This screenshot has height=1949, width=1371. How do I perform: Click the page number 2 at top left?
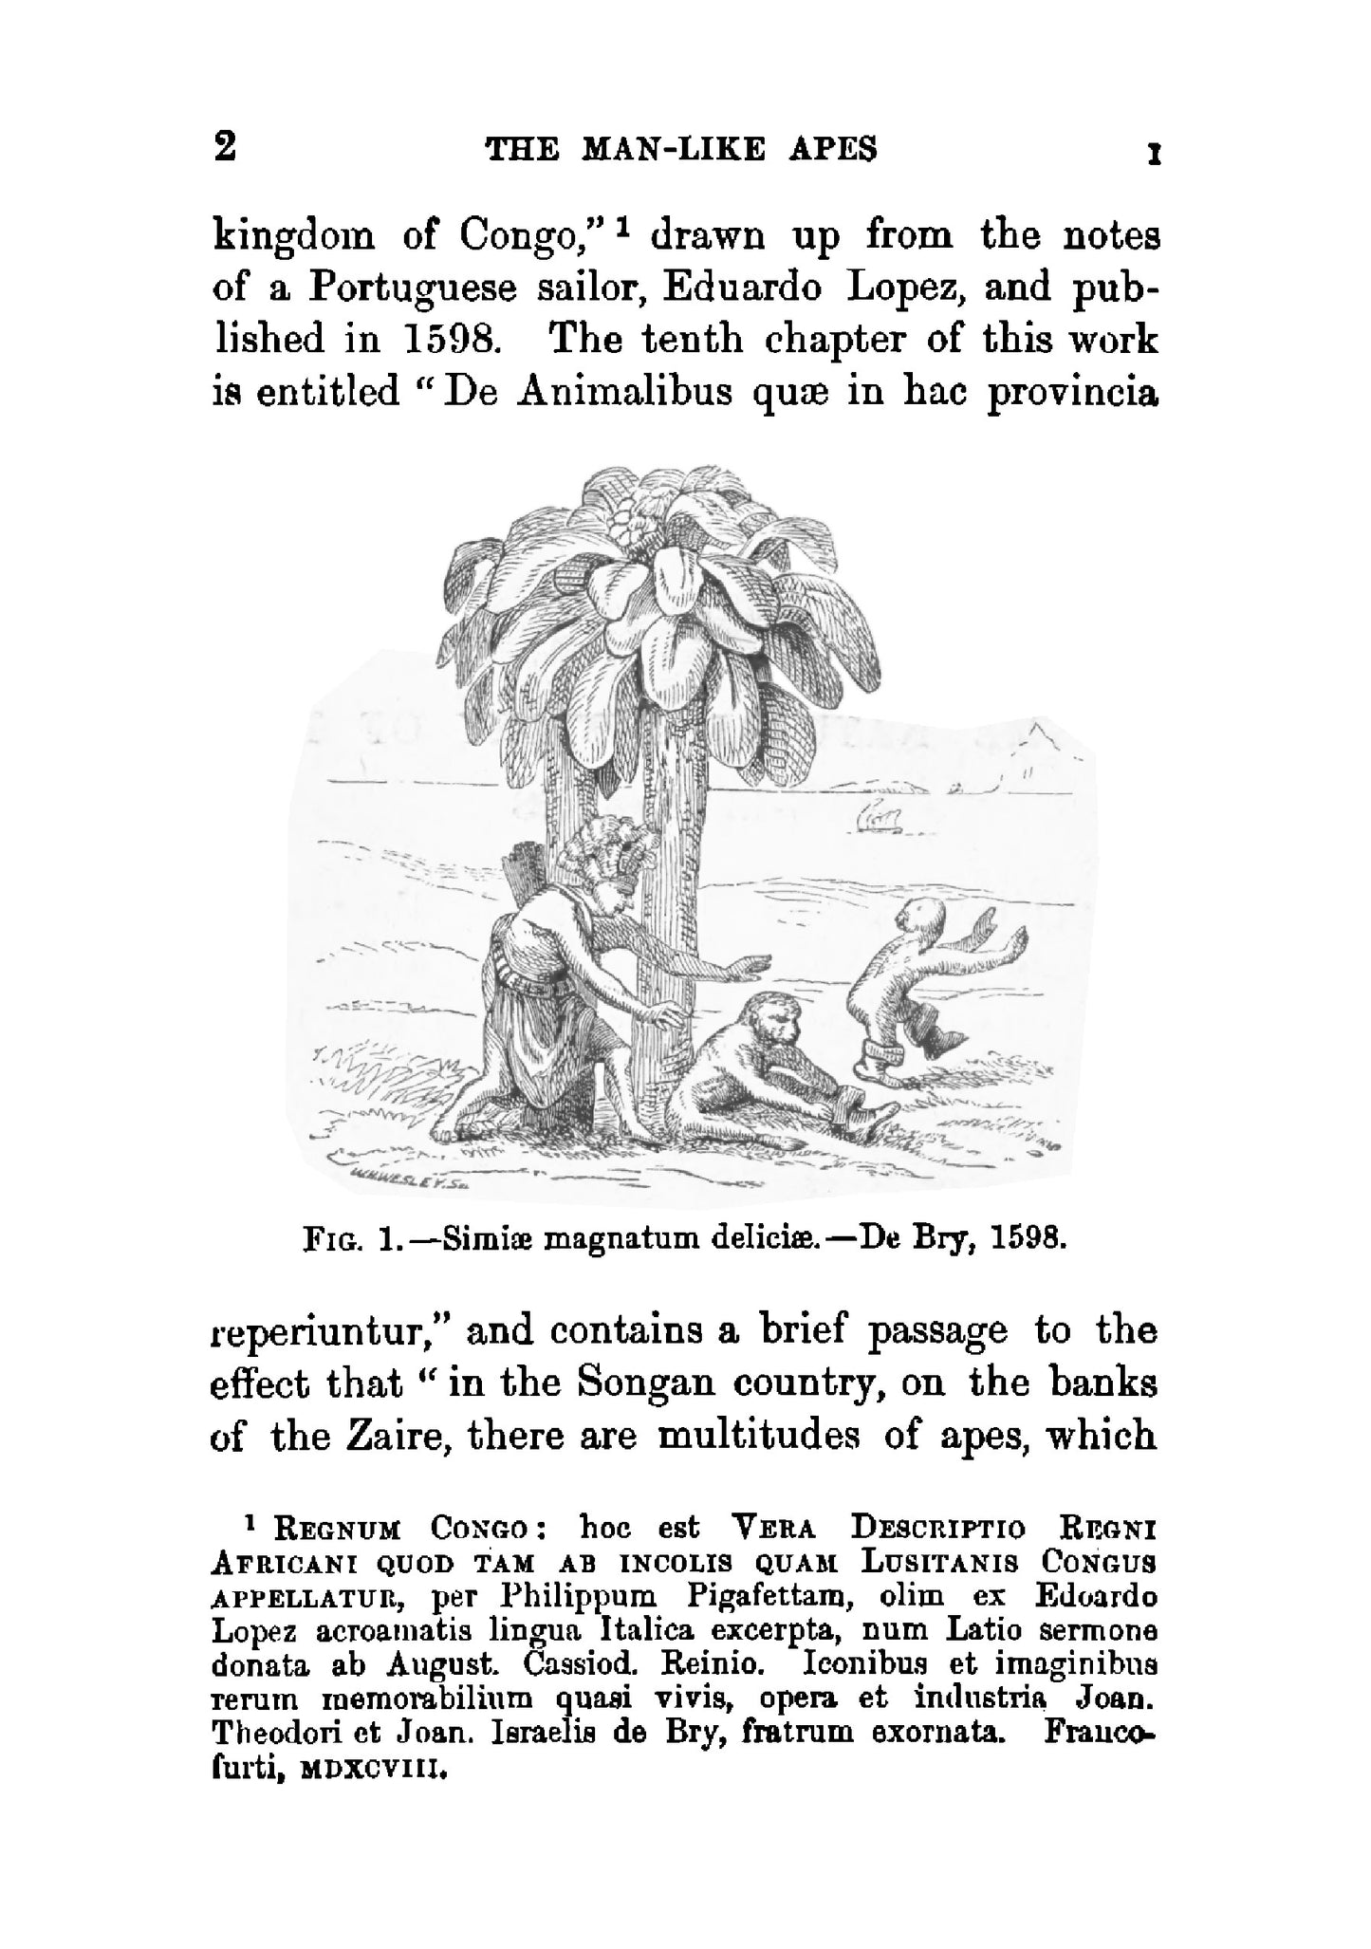coord(226,148)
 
